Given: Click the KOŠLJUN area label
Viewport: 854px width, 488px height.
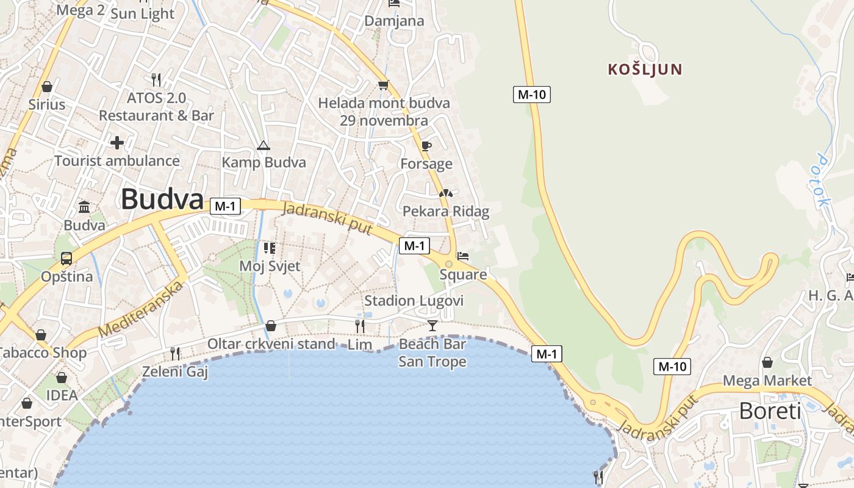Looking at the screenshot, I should coord(645,70).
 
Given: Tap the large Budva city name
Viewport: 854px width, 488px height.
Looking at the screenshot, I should coord(162,199).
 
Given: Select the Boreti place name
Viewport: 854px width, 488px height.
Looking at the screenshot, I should coord(770,411).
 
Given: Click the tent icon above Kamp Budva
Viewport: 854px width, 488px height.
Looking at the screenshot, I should coord(263,145).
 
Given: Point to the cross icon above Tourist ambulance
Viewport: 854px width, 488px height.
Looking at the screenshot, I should coord(117,143).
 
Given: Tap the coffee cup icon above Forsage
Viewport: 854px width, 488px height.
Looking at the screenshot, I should coord(426,146).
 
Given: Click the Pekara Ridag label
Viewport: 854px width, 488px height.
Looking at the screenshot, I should coord(446,212).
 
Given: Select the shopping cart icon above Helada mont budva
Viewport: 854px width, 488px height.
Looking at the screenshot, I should coord(383,85).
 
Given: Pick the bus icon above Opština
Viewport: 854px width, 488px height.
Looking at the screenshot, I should coord(66,258).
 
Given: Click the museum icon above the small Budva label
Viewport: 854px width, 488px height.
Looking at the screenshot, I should coord(84,207).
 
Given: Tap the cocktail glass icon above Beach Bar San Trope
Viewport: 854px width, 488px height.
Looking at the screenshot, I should coord(432,325).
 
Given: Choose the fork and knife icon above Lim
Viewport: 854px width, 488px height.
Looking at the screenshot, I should coord(360,326).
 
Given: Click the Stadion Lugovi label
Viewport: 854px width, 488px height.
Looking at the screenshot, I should coord(414,301).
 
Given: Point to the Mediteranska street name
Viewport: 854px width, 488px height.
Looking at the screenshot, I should coord(142,310).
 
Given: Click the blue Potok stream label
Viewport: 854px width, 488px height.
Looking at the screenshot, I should coord(822,181).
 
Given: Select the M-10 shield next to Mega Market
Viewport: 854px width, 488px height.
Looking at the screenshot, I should coord(673,367).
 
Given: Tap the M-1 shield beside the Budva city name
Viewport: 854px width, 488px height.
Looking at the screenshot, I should coord(225,206).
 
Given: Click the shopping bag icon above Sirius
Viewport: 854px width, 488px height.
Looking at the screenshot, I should coord(47,87).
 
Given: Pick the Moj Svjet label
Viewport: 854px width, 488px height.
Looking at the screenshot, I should coord(270,267).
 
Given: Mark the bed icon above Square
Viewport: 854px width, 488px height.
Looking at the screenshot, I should coord(463,256).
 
